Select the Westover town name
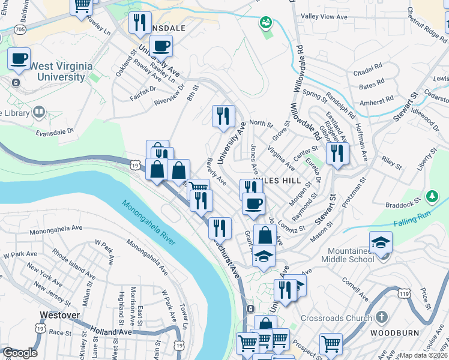pos(59,314)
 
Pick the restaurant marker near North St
pos(223,115)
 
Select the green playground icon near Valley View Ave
pos(265,23)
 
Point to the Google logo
pos(19,353)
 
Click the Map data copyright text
pos(423,355)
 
